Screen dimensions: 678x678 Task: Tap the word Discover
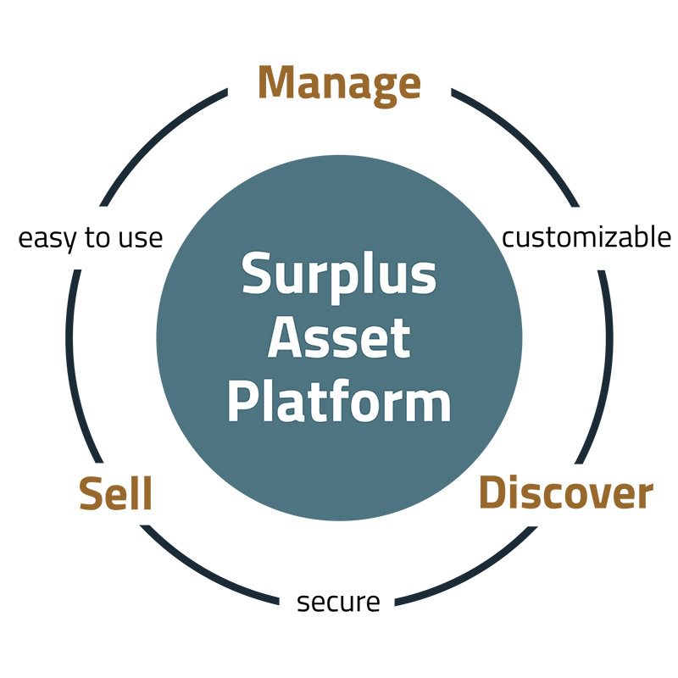(566, 493)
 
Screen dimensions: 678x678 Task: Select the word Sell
(115, 493)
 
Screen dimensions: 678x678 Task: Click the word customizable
(586, 238)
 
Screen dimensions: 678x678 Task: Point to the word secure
(338, 603)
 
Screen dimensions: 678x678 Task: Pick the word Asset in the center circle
(339, 339)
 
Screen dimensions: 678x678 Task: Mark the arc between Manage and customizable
(526, 141)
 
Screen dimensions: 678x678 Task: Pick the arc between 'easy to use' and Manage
(153, 140)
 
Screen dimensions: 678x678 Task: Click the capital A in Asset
(286, 338)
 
